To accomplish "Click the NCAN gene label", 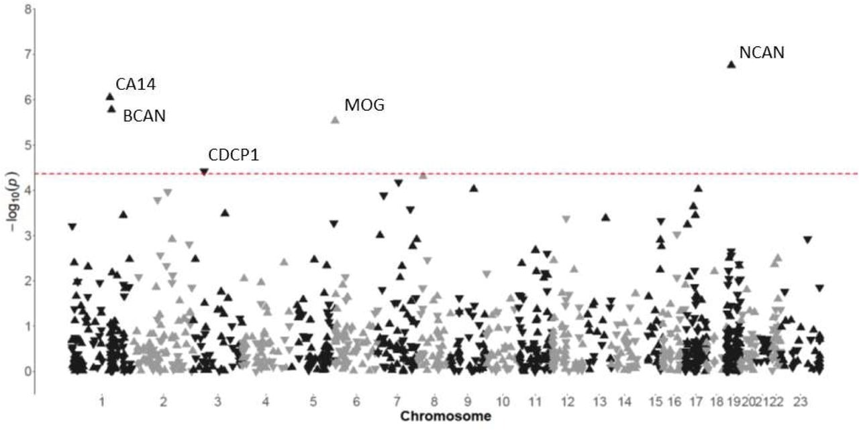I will pos(761,52).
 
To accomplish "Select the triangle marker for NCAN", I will pos(731,64).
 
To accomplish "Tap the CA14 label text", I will pos(136,85).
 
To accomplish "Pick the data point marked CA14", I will pos(110,97).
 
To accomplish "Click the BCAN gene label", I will pos(144,116).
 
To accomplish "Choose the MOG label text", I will pos(364,105).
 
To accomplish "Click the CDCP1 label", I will pos(234,155).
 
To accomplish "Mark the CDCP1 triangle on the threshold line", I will pos(205,172).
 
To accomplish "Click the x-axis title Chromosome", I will pos(445,417).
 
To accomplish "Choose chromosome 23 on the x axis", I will pos(800,402).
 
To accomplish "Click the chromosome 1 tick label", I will pos(101,402).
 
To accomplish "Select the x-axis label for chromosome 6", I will pos(356,402).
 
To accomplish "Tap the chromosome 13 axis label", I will pos(599,402).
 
